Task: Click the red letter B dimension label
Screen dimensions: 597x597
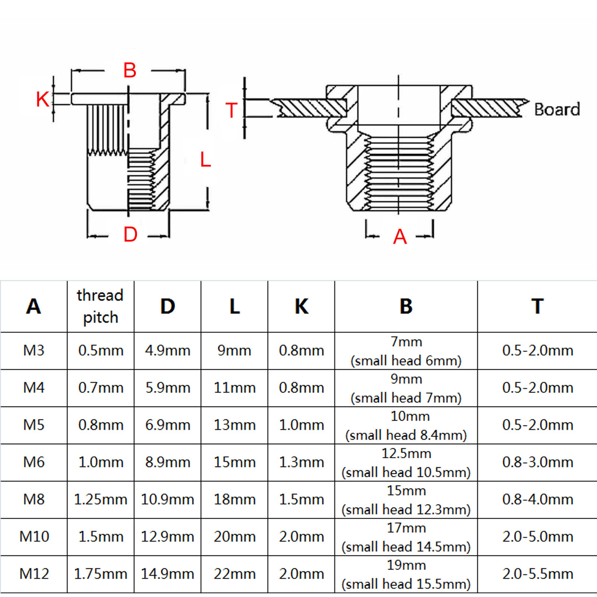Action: pyautogui.click(x=130, y=70)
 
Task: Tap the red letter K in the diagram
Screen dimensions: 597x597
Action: pyautogui.click(x=42, y=100)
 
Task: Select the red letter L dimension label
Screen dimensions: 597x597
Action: pyautogui.click(x=205, y=160)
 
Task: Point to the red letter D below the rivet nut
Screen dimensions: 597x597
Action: pyautogui.click(x=131, y=234)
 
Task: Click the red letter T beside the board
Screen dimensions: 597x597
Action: pyautogui.click(x=231, y=110)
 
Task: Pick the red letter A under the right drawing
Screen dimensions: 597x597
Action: pyautogui.click(x=400, y=237)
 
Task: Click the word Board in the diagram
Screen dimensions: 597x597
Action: pyautogui.click(x=557, y=109)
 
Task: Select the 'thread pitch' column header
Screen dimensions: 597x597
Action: pyautogui.click(x=100, y=306)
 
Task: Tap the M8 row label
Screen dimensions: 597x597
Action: pyautogui.click(x=34, y=499)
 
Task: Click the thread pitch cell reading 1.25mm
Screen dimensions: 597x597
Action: pyautogui.click(x=100, y=499)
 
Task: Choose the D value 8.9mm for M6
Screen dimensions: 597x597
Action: pyautogui.click(x=168, y=462)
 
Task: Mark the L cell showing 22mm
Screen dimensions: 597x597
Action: pyautogui.click(x=234, y=574)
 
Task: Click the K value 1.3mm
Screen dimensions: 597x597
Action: pyautogui.click(x=301, y=462)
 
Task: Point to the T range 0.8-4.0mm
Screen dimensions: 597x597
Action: pyautogui.click(x=537, y=499)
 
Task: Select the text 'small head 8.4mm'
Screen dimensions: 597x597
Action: pyautogui.click(x=406, y=435)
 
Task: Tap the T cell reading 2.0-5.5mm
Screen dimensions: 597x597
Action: pyautogui.click(x=537, y=574)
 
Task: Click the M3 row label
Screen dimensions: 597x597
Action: pyautogui.click(x=34, y=350)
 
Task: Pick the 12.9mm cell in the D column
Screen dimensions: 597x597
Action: pyautogui.click(x=168, y=537)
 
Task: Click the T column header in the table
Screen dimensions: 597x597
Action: pyautogui.click(x=537, y=306)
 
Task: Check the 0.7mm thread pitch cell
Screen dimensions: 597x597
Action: pyautogui.click(x=100, y=388)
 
